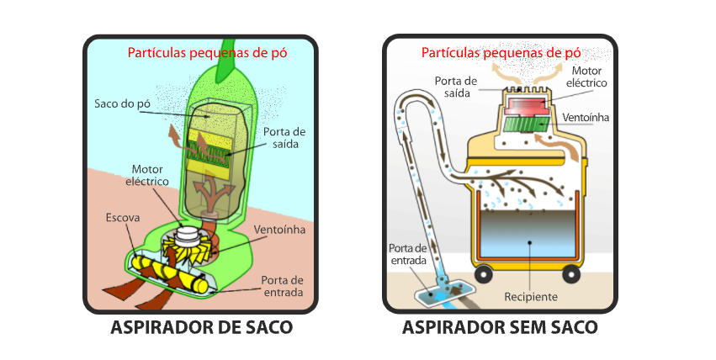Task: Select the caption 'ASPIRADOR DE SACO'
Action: click(x=201, y=327)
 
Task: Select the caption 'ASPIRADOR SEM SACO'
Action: click(x=500, y=327)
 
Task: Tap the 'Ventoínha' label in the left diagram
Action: click(x=277, y=230)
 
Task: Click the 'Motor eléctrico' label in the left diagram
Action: click(x=148, y=175)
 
